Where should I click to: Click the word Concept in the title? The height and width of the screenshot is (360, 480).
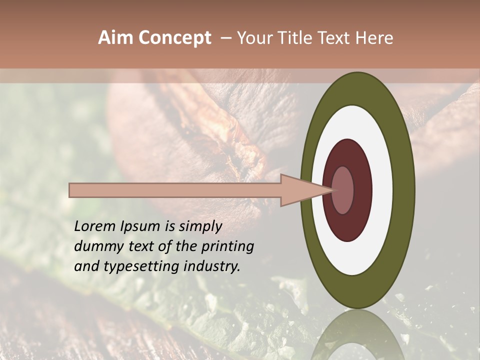(x=175, y=38)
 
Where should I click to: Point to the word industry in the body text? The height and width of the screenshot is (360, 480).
(x=209, y=266)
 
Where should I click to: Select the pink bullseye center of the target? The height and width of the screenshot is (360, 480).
(x=343, y=190)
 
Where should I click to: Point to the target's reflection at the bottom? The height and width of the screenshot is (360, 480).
(x=357, y=335)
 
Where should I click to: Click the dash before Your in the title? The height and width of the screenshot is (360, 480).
(x=225, y=38)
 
